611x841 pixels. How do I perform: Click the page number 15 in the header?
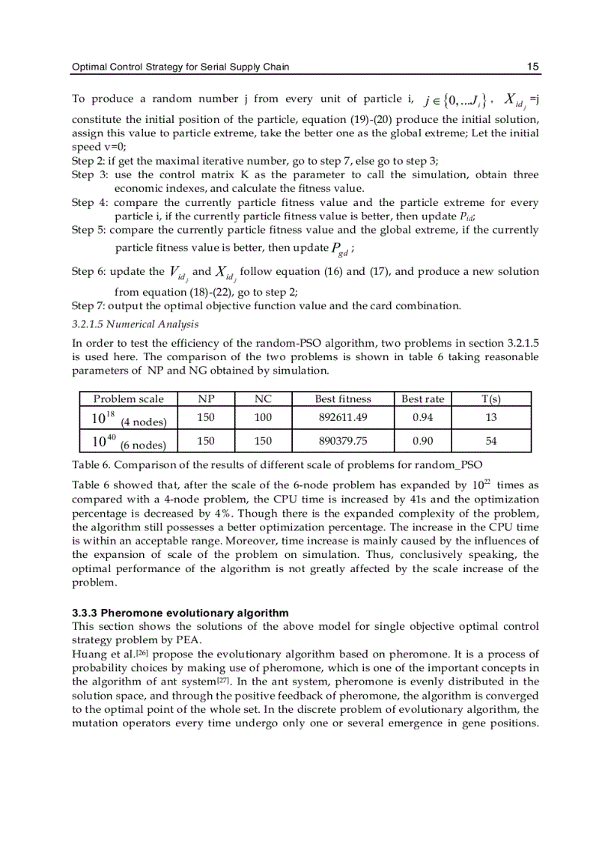pyautogui.click(x=532, y=67)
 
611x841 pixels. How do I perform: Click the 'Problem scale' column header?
pyautogui.click(x=128, y=399)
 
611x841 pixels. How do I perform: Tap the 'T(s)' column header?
pyautogui.click(x=491, y=399)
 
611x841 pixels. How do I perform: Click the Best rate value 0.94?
pyautogui.click(x=422, y=417)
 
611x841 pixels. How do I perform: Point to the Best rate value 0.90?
pyautogui.click(x=422, y=441)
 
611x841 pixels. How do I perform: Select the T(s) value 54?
pyautogui.click(x=491, y=441)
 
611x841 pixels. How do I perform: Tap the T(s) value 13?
pyautogui.click(x=491, y=417)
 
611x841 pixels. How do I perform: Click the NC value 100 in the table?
pyautogui.click(x=263, y=417)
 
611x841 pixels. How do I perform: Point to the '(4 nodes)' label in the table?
pyautogui.click(x=144, y=422)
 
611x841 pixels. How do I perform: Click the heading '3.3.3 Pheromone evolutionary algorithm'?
pyautogui.click(x=180, y=613)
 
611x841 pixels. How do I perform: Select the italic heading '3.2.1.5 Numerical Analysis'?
pyautogui.click(x=135, y=324)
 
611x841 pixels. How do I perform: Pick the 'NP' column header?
pyautogui.click(x=205, y=399)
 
